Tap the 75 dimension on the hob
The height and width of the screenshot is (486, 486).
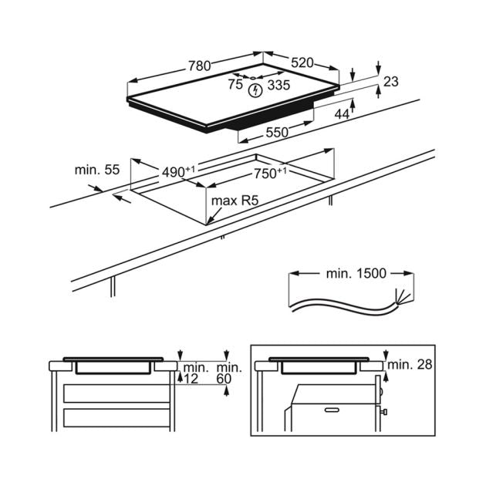tap(235, 86)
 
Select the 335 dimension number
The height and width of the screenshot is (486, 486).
tap(278, 86)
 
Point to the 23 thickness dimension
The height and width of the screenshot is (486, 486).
tap(391, 80)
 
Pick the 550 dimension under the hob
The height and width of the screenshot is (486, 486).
tap(277, 133)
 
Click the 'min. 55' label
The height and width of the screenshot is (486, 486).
tap(97, 170)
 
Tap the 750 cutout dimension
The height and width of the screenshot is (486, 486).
tap(270, 174)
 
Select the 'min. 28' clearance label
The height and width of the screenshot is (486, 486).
tap(411, 363)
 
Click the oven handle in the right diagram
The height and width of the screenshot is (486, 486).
tap(332, 407)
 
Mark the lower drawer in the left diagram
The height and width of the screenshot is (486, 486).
tap(116, 419)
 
